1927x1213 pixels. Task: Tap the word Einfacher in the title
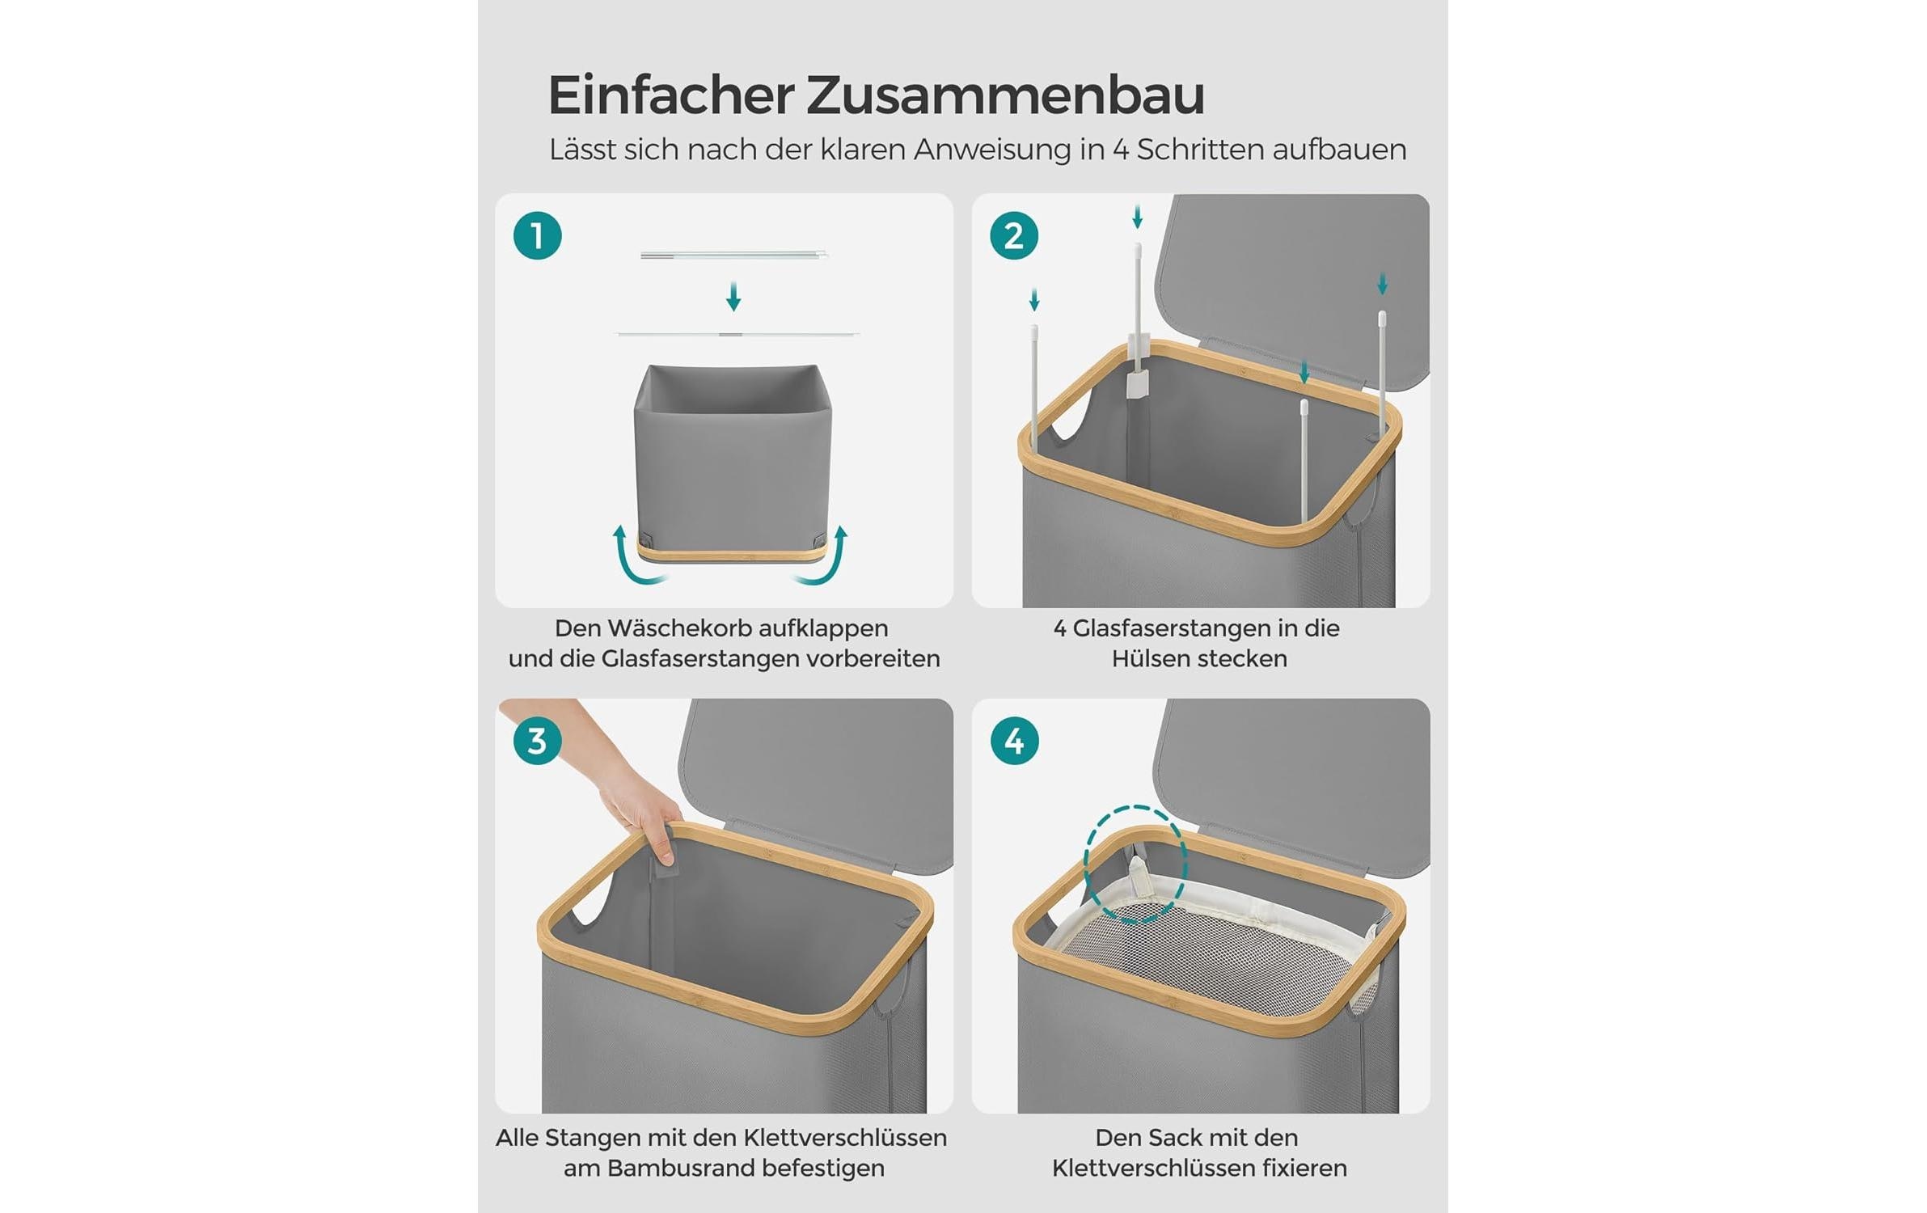(x=670, y=95)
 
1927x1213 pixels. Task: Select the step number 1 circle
(x=537, y=236)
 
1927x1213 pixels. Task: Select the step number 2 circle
(x=1013, y=236)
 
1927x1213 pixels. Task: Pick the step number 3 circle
(x=537, y=741)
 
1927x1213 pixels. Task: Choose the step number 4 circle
(x=1013, y=741)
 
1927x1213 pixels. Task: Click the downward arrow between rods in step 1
(x=733, y=297)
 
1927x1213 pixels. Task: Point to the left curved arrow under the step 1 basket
(x=635, y=558)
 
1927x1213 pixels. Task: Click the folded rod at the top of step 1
(x=733, y=255)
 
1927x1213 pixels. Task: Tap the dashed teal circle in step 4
(x=1135, y=864)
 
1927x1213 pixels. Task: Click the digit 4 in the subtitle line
(x=1120, y=150)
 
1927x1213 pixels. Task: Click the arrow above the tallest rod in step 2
(x=1137, y=216)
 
